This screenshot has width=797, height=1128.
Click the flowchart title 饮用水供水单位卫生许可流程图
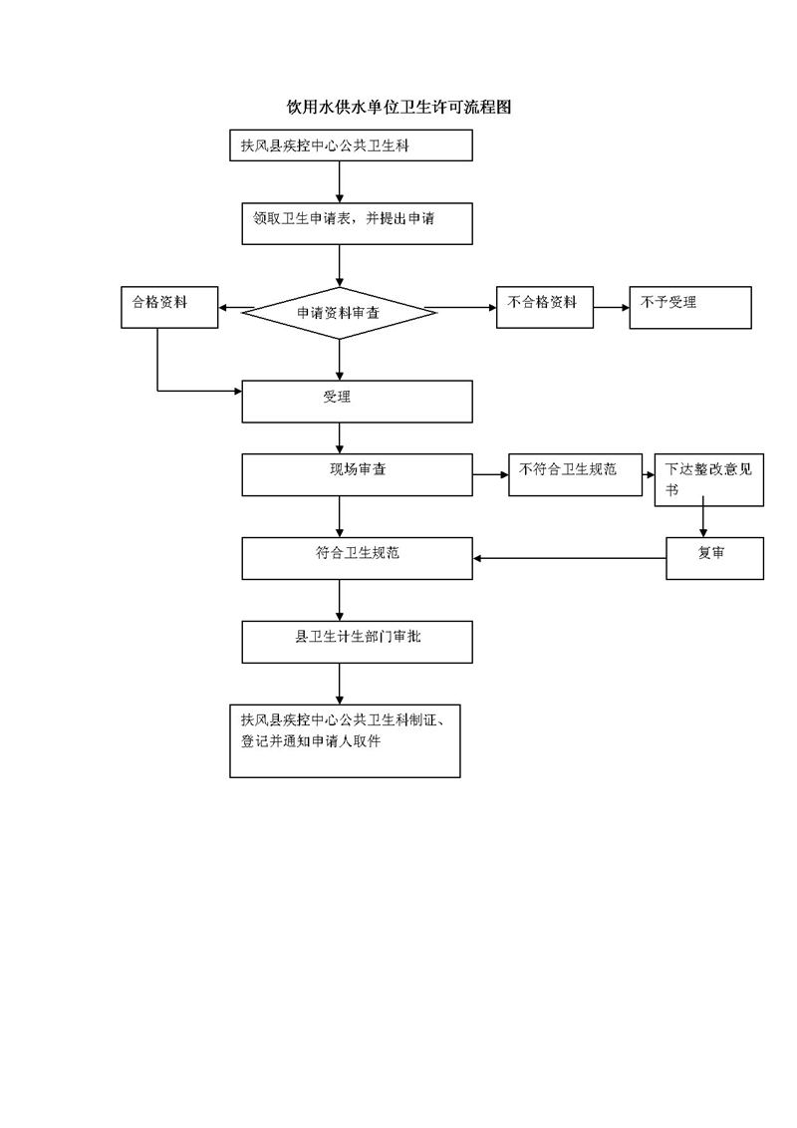398,108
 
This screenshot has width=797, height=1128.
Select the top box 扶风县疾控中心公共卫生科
351,145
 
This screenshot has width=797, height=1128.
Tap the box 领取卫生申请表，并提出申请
357,224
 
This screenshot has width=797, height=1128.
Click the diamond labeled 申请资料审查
340,313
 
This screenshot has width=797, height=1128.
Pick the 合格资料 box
168,307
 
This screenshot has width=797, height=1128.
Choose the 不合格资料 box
545,307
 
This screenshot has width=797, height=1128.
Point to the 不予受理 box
689,307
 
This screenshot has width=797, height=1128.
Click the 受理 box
357,402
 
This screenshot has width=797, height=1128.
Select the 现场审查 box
357,474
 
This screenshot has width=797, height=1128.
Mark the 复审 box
714,558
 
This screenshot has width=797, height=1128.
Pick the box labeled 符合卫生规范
357,558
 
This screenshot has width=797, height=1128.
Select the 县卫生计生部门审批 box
357,642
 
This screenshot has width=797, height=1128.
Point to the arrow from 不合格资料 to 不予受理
611,308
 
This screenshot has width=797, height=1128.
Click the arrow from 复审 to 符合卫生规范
569,558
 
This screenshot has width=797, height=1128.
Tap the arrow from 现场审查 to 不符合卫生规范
490,474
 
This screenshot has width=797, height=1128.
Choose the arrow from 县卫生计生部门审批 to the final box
340,684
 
